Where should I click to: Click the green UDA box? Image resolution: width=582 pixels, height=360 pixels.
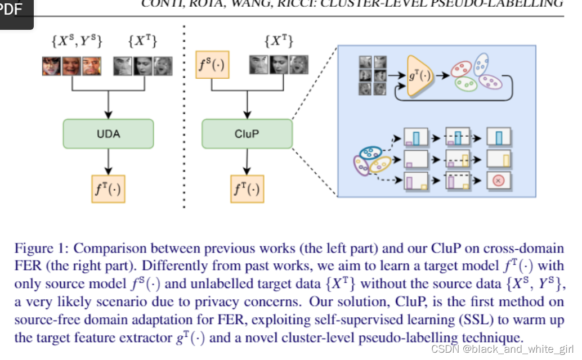coord(109,134)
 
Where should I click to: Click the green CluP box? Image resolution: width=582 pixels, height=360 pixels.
coord(247,134)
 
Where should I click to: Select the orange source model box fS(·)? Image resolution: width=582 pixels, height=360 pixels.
coord(212,64)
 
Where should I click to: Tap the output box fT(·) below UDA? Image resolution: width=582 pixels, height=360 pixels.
coord(108,188)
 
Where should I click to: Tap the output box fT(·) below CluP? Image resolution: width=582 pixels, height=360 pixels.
coord(247,188)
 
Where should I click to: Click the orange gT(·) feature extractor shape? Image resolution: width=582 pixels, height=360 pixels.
coord(417,75)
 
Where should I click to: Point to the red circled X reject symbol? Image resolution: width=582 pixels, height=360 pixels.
coord(498,181)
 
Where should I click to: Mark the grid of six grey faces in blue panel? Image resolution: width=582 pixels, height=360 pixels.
coord(373,75)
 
